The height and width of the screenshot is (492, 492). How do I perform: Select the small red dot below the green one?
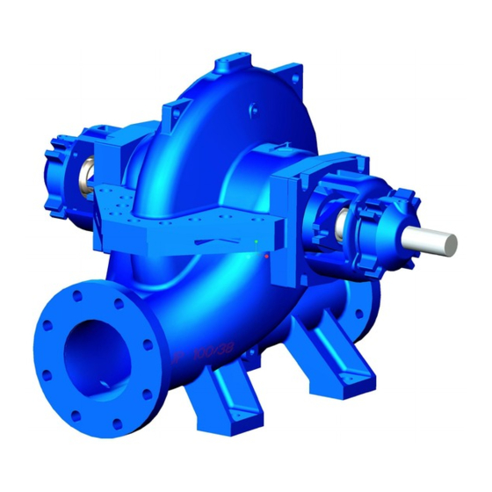pyautogui.click(x=264, y=256)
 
